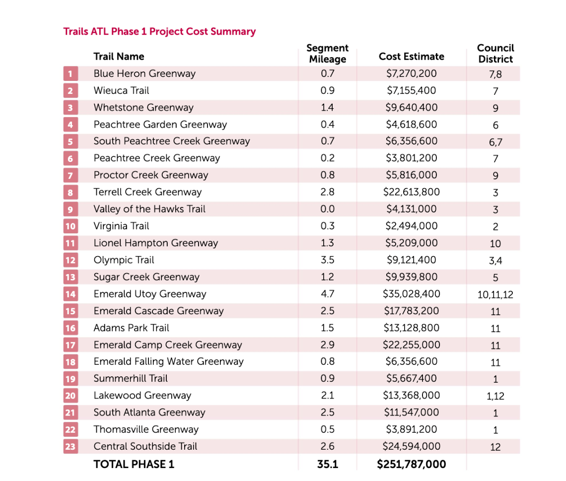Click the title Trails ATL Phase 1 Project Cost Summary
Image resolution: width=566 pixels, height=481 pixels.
(x=159, y=31)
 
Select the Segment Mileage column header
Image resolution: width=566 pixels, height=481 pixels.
(x=327, y=54)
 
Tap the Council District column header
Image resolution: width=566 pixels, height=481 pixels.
(x=495, y=54)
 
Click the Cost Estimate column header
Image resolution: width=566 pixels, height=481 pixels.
(x=412, y=57)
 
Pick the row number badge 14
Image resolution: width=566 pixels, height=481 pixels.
(x=71, y=294)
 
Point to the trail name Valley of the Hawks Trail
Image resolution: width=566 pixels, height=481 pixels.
(x=149, y=209)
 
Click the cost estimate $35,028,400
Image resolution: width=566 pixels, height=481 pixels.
(x=412, y=294)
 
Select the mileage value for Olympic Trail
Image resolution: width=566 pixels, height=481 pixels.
(x=327, y=260)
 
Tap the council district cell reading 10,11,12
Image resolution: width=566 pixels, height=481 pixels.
(x=495, y=295)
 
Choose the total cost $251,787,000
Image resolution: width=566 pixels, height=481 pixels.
(x=412, y=464)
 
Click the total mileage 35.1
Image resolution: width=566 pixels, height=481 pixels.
(x=327, y=464)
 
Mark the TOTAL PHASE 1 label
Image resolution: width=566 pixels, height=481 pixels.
(x=134, y=464)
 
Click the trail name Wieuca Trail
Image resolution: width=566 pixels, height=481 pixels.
(x=121, y=90)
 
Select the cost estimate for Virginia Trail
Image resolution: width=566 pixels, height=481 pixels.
(x=412, y=226)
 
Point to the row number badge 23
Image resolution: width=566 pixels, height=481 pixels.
(x=71, y=446)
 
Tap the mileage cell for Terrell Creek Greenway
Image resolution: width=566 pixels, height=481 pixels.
(x=327, y=192)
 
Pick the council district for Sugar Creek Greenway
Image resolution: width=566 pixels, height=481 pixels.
(x=495, y=278)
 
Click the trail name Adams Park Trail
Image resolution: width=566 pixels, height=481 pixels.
(x=132, y=328)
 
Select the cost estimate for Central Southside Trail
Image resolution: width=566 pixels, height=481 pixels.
(x=412, y=446)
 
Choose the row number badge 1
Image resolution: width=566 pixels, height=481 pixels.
(x=71, y=73)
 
